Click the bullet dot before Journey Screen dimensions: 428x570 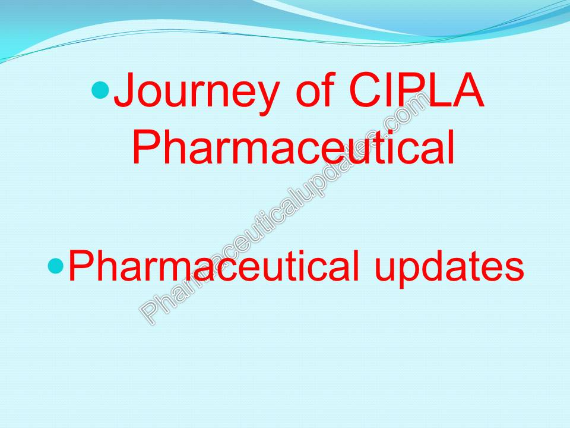[102, 91]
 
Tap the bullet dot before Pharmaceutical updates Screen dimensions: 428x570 [55, 266]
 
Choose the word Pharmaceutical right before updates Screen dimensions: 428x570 [214, 266]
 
